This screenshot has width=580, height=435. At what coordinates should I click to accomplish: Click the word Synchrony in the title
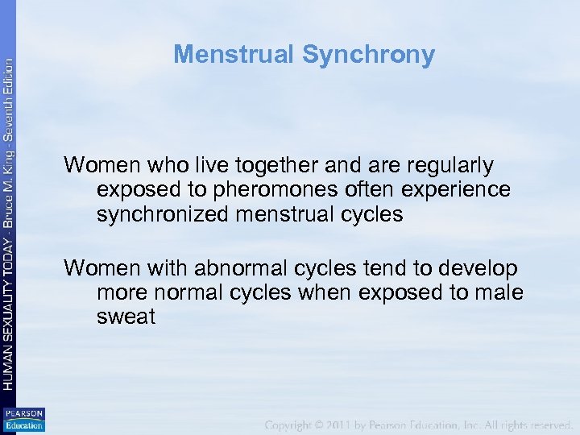pos(368,55)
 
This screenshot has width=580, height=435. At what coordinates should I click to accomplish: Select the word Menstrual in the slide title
pos(234,55)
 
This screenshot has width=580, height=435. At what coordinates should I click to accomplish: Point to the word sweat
pos(126,317)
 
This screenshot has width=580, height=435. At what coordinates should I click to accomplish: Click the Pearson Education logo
pos(23,420)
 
